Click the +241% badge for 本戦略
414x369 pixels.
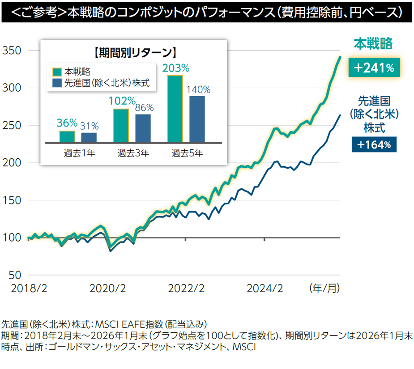pos(374,68)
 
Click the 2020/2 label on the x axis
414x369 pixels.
pos(107,288)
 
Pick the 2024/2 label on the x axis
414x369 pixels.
pos(265,288)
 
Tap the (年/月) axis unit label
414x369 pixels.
pos(324,288)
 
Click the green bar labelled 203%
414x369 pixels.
pos(175,109)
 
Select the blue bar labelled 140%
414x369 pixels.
pos(197,119)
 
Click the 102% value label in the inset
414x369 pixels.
pos(121,101)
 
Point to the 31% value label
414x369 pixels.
pos(90,126)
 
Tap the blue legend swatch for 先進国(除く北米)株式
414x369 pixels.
pos(57,83)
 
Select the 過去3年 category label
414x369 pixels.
pos(133,153)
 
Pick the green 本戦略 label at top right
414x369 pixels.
pos(373,43)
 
